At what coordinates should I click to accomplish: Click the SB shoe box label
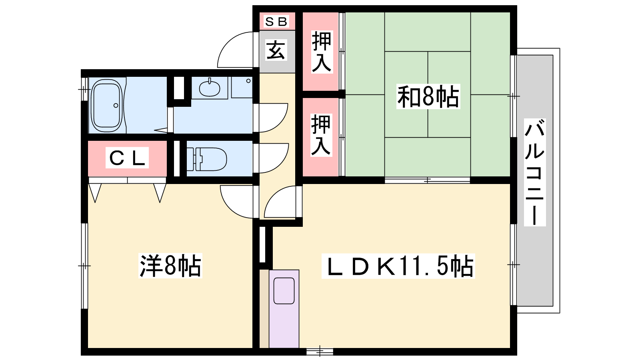click(x=276, y=22)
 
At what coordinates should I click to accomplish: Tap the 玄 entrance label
click(x=276, y=50)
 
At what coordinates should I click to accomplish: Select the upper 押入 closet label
click(x=322, y=52)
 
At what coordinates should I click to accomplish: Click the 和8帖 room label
click(x=428, y=96)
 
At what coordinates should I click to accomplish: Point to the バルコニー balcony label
click(x=534, y=172)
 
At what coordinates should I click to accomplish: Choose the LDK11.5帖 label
click(x=398, y=266)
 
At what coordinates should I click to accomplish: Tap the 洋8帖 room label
click(x=170, y=266)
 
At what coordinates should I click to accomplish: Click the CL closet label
click(x=127, y=158)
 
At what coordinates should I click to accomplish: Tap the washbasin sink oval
click(x=210, y=88)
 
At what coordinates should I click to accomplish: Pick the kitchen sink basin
click(x=284, y=291)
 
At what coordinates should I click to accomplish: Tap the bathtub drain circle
click(x=116, y=106)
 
